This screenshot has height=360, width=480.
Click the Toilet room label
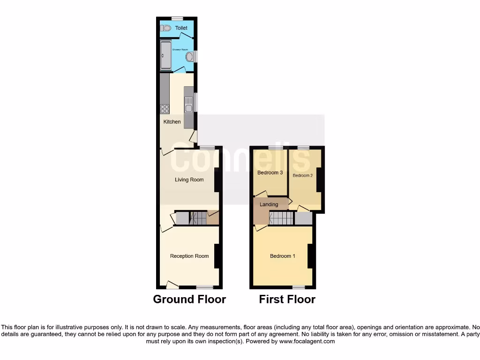point(181,28)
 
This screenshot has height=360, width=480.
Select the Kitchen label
point(172,122)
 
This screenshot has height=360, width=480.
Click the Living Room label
point(189,180)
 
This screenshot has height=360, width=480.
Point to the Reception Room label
point(189,256)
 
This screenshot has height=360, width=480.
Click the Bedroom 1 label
point(283,256)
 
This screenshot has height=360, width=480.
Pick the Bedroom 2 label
point(303,176)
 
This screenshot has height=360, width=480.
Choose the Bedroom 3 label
point(270,172)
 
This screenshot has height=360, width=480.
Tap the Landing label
point(269,204)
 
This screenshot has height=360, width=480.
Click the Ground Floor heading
point(189,299)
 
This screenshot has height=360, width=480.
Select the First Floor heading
point(287,299)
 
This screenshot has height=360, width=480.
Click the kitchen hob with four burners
point(165,109)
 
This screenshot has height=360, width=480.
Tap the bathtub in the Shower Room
point(165,56)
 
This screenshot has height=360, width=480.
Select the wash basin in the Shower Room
point(190,57)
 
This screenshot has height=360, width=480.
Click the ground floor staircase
point(198,218)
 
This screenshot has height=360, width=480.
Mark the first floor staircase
point(281,218)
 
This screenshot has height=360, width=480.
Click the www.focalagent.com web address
point(307,342)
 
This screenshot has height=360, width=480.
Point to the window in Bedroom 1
point(299,286)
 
